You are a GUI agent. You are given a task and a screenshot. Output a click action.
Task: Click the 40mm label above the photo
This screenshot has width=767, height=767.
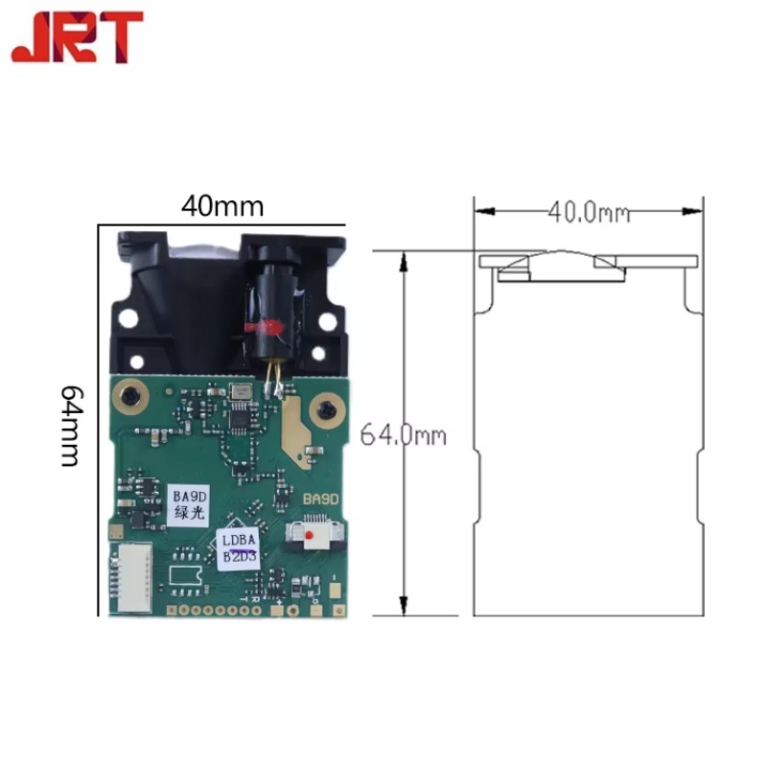(x=222, y=205)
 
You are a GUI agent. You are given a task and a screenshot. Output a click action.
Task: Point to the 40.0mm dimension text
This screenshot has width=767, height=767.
(x=589, y=211)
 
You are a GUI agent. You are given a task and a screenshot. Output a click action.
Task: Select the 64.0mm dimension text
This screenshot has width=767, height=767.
(x=404, y=434)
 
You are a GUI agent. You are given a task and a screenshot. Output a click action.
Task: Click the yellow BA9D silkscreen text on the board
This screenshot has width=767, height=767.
(x=320, y=500)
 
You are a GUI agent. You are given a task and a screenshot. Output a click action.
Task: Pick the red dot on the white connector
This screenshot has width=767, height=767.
(x=311, y=539)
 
